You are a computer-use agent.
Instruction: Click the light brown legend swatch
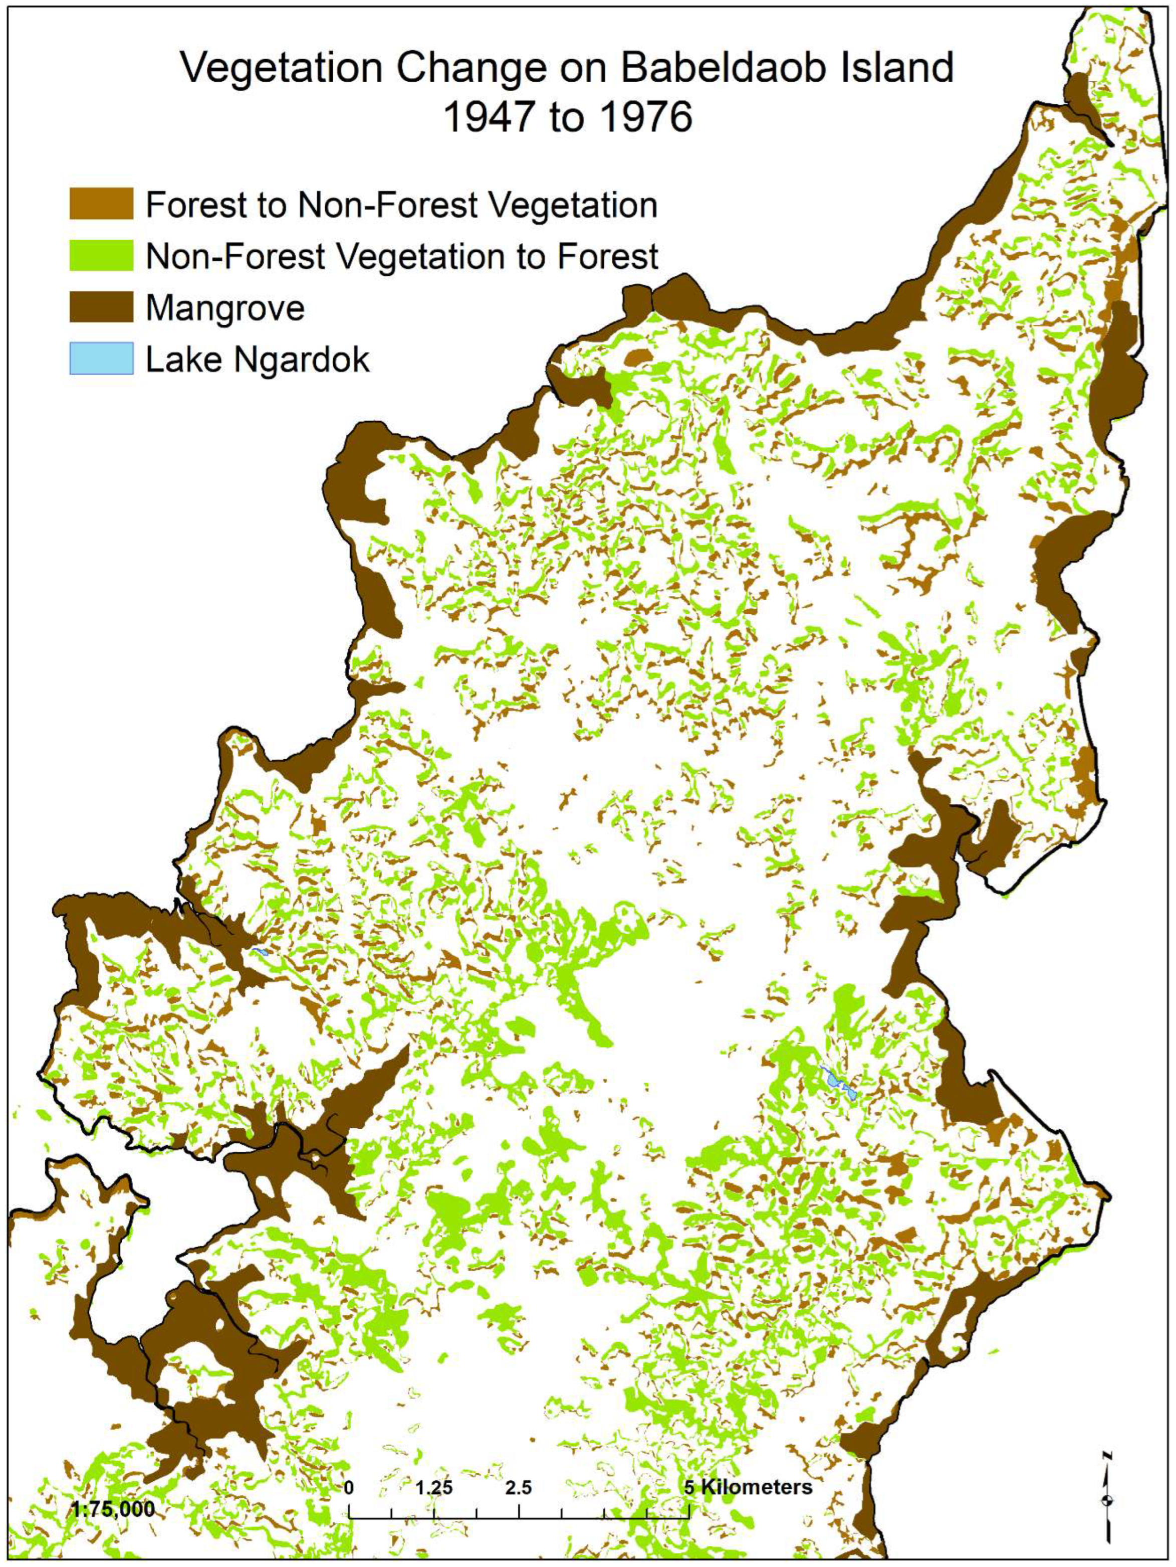point(101,204)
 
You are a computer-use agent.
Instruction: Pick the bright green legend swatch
point(101,256)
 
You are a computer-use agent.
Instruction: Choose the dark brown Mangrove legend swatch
point(101,307)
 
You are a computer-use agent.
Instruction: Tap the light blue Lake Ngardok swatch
point(101,359)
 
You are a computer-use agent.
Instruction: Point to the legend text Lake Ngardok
point(257,360)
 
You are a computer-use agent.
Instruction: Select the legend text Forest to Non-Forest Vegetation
point(401,206)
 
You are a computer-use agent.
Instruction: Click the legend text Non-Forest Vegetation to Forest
point(401,256)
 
